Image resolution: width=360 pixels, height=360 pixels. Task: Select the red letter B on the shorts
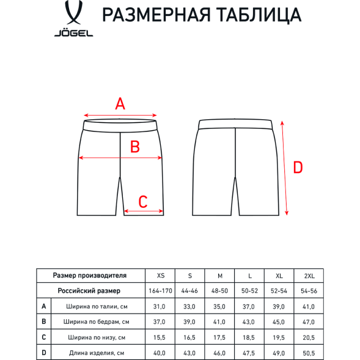[x=135, y=147]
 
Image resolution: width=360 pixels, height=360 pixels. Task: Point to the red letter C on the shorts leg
[x=143, y=201]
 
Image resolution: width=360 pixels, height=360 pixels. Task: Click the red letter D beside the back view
[x=298, y=167]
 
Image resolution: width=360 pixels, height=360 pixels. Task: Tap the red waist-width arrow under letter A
[x=121, y=115]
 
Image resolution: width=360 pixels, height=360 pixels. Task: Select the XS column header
[x=161, y=276]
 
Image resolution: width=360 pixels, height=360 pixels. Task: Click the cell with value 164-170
[x=161, y=291]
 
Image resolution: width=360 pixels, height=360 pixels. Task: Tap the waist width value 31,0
[x=161, y=306]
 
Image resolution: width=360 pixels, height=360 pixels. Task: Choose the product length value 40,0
[x=161, y=353]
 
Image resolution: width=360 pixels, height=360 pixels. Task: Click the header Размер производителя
[x=90, y=276]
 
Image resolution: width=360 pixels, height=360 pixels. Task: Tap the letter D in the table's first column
[x=44, y=353]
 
